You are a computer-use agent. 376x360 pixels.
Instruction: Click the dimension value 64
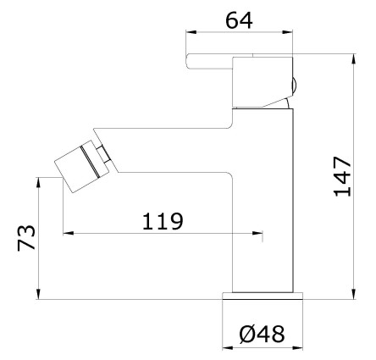pos(239,20)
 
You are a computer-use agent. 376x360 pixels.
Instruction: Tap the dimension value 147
pos(342,176)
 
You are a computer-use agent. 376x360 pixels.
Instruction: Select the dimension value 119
pos(163,221)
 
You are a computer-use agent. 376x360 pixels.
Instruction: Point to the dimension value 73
pos(26,237)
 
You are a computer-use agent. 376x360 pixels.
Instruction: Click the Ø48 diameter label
pos(263,335)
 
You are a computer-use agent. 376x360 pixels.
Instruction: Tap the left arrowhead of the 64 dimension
pos(191,32)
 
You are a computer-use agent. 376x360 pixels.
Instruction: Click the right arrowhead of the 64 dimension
pos(288,32)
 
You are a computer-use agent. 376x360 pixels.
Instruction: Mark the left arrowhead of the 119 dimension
pos(69,233)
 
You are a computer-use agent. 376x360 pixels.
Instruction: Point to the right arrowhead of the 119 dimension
pos(257,233)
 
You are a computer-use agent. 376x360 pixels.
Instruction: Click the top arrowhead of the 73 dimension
pos(39,182)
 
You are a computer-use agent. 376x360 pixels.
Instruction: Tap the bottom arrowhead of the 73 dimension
pos(39,294)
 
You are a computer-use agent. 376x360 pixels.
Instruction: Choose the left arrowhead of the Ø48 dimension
pos(228,347)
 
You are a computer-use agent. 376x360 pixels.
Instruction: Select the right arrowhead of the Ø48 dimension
pos(298,347)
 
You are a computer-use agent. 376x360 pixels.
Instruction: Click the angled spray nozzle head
pos(82,167)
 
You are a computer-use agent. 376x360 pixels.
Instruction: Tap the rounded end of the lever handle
pos(189,61)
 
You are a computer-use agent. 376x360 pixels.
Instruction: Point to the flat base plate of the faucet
pos(263,296)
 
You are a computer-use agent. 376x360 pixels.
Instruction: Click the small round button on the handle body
pos(294,86)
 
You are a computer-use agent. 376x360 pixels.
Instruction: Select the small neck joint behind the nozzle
pos(104,154)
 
